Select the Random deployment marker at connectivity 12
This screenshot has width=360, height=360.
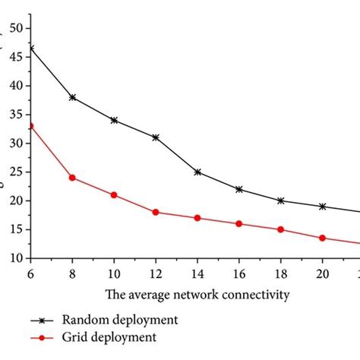[156, 137]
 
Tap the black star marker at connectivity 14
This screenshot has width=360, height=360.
[197, 172]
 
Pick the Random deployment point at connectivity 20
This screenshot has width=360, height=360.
[323, 206]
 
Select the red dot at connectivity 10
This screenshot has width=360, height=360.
[114, 194]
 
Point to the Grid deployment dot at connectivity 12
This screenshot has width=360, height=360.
[156, 212]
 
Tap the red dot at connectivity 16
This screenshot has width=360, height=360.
[239, 223]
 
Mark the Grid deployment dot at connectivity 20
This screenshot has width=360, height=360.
[323, 238]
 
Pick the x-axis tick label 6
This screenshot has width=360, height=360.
[31, 272]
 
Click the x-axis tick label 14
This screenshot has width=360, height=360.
[197, 272]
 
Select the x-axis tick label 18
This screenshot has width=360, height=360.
[281, 272]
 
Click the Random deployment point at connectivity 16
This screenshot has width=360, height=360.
[239, 189]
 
